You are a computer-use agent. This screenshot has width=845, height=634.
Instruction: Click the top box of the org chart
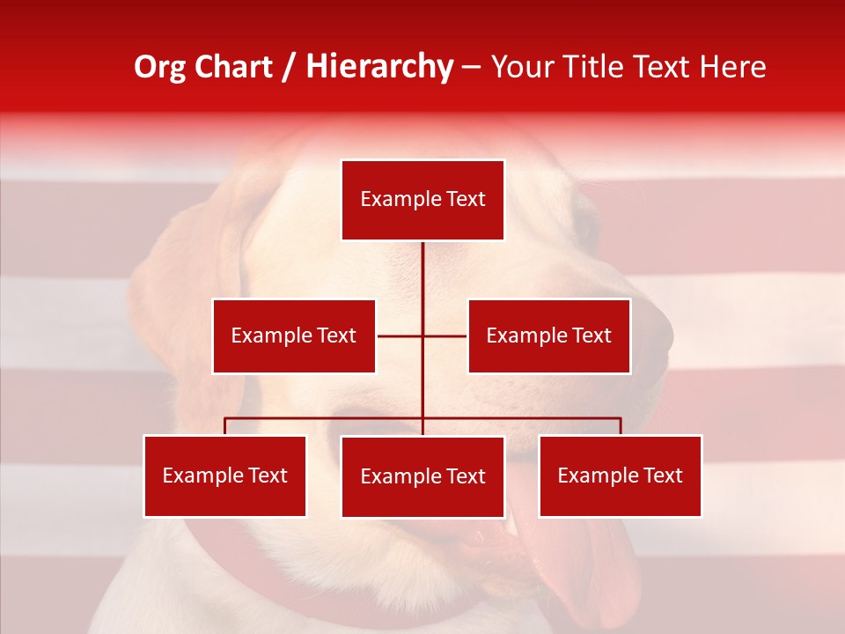coord(422,200)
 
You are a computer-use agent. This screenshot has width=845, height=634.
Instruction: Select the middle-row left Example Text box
coord(294,335)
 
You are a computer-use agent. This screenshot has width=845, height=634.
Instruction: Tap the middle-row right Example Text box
coord(548,335)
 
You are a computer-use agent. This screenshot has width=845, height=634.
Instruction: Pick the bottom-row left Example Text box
coord(225,475)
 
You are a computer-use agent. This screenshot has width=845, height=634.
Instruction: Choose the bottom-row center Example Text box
coord(422,476)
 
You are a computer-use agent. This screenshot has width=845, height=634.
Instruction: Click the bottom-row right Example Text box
coord(620,475)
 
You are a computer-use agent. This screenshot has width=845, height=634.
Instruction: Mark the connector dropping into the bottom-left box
coord(225,426)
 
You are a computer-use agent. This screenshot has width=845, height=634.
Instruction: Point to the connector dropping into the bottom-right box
coord(620,426)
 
